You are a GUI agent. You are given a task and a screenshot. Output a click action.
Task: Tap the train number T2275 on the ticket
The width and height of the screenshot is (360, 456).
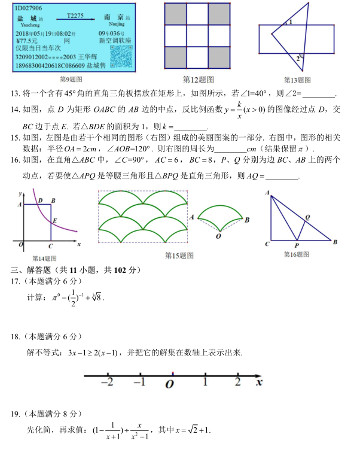[x=75, y=16]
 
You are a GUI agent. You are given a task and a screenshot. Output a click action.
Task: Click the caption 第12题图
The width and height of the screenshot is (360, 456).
[x=199, y=79]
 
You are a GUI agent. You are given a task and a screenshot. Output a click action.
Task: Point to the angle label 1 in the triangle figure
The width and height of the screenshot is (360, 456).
[x=290, y=22]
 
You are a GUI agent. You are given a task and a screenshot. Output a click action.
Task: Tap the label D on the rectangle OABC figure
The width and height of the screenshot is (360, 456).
[x=40, y=200]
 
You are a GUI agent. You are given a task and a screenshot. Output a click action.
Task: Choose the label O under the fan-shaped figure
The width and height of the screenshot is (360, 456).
[x=218, y=236]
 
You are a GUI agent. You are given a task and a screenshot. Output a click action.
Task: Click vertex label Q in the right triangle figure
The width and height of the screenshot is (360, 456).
[x=308, y=217]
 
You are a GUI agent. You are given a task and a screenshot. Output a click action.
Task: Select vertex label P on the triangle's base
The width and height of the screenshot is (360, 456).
[x=297, y=245]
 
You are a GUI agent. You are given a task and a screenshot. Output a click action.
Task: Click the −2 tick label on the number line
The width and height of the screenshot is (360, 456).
[x=108, y=382]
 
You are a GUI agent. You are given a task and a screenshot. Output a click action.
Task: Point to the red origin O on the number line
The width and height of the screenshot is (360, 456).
[x=172, y=375]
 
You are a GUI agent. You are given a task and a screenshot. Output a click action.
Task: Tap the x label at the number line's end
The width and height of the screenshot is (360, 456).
[x=258, y=381]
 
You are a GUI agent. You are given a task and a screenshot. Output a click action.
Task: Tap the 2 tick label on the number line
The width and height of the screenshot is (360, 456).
[x=237, y=382]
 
